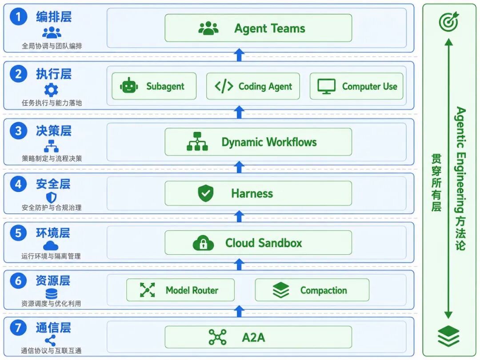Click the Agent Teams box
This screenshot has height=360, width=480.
point(258,28)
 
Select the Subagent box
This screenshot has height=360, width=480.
point(154,86)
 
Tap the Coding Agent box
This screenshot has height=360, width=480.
point(253,86)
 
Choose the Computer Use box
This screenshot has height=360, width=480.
point(356,86)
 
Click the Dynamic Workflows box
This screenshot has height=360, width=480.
point(258,142)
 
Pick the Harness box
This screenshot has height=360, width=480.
point(258,193)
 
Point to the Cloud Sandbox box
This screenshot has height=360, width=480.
point(258,243)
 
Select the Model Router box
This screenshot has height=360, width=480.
point(180,290)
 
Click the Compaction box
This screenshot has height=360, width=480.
point(312,290)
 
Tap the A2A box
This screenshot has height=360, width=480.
point(258,337)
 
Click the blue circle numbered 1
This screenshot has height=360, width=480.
point(18,16)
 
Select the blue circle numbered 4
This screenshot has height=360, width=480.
point(18,184)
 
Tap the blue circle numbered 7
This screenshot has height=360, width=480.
point(18,328)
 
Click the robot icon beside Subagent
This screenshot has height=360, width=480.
point(129,85)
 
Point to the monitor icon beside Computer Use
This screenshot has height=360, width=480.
point(326,86)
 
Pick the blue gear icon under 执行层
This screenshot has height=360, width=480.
point(51,90)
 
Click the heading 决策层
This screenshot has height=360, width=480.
point(54,131)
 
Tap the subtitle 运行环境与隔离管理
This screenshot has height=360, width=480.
point(51,256)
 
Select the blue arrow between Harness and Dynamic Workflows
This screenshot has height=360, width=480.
point(239,167)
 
